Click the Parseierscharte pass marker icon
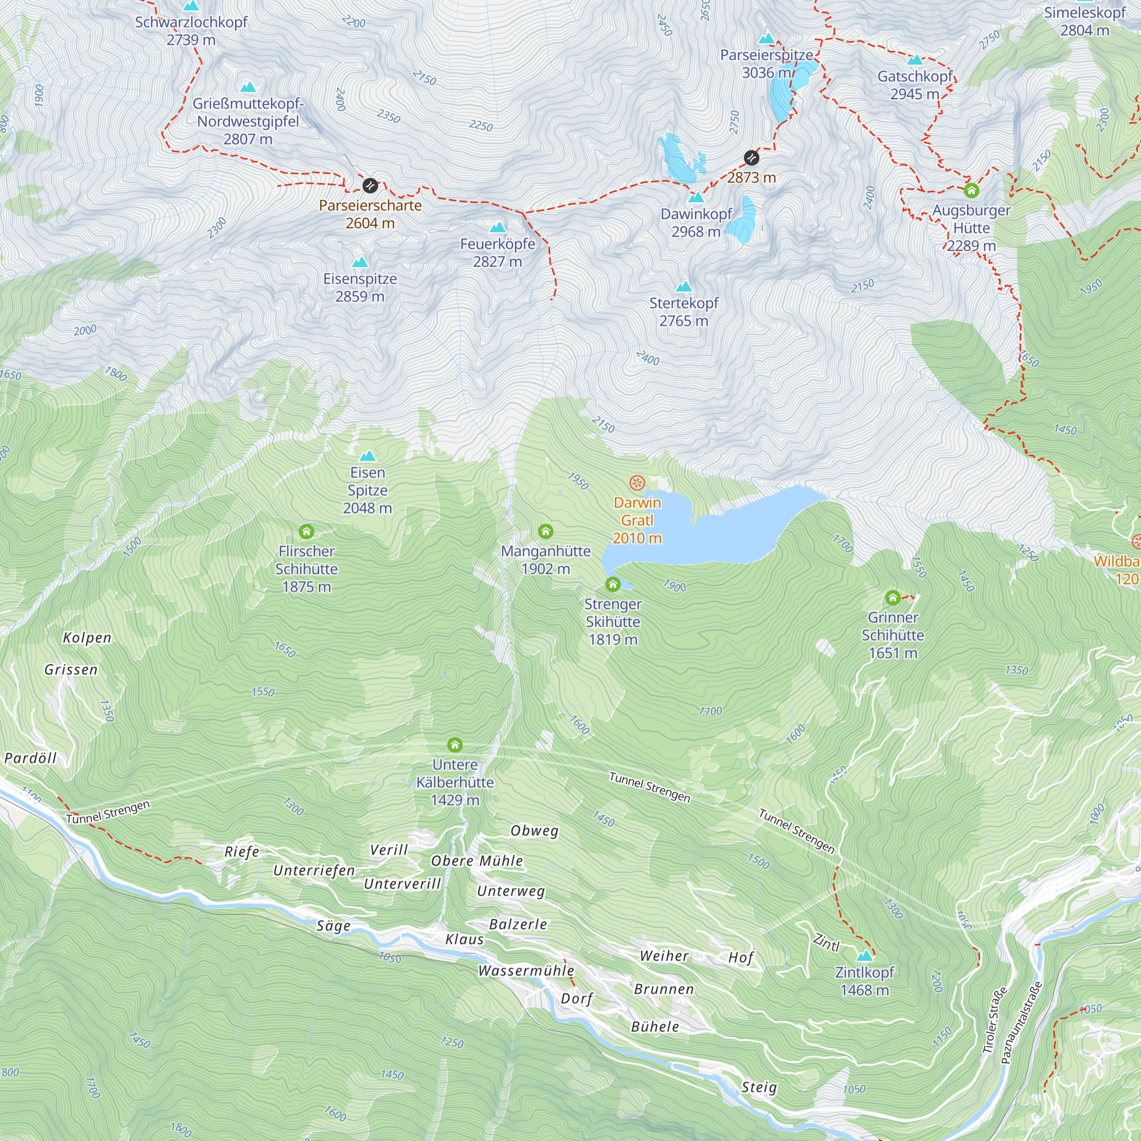tap(370, 185)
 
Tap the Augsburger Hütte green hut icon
tap(971, 191)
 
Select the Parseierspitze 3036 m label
tap(767, 64)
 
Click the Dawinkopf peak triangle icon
tap(696, 197)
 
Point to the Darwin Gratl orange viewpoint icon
tap(637, 483)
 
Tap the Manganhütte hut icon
tap(545, 532)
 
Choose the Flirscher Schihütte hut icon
tap(306, 532)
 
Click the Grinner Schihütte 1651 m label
tap(892, 635)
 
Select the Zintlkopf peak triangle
tap(864, 956)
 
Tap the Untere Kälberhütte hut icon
tap(454, 744)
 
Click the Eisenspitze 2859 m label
tap(359, 288)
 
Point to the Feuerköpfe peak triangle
tap(497, 228)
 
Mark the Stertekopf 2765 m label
tap(683, 312)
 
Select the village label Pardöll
tap(31, 758)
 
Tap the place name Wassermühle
tap(525, 970)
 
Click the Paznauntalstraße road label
tap(1021, 1022)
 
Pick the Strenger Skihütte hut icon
tap(612, 584)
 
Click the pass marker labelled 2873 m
tap(751, 157)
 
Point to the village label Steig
tap(759, 1087)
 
